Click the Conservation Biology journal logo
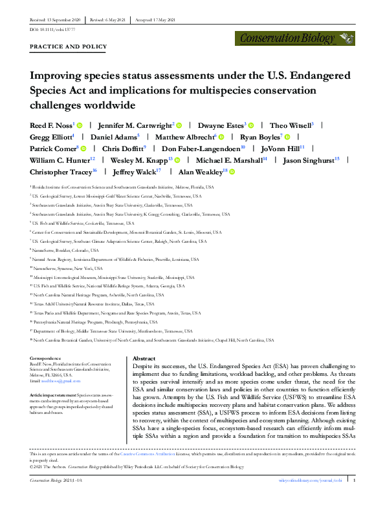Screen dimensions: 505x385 tap(296, 38)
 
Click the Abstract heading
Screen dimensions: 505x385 tap(144, 358)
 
